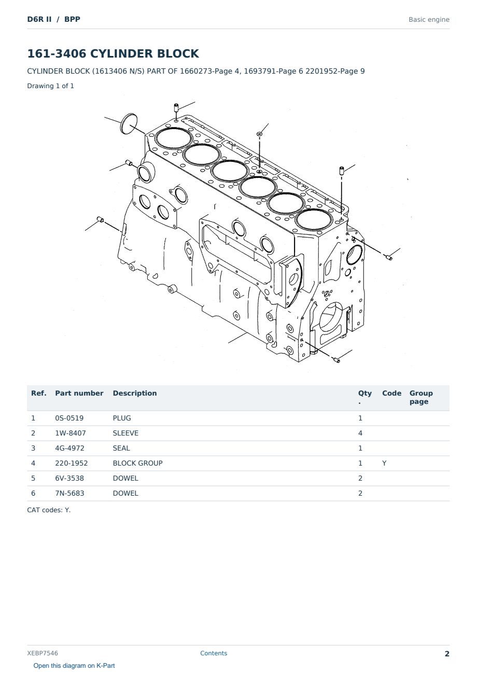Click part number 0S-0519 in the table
click(x=69, y=418)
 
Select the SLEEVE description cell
click(x=125, y=433)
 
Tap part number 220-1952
click(x=72, y=463)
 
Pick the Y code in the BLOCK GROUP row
click(x=384, y=463)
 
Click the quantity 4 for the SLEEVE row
click(x=360, y=433)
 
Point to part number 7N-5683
click(x=69, y=493)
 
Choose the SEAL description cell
click(x=121, y=448)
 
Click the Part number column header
click(x=79, y=394)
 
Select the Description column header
click(x=135, y=394)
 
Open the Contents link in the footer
click(x=214, y=653)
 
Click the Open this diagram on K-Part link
click(x=74, y=666)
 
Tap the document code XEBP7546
click(x=43, y=653)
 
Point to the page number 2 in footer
click(x=447, y=654)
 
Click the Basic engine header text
click(x=429, y=20)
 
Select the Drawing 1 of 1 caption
click(x=51, y=86)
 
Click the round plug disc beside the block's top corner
click(x=129, y=124)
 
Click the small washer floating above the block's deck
click(x=259, y=134)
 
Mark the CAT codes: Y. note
click(x=49, y=510)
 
